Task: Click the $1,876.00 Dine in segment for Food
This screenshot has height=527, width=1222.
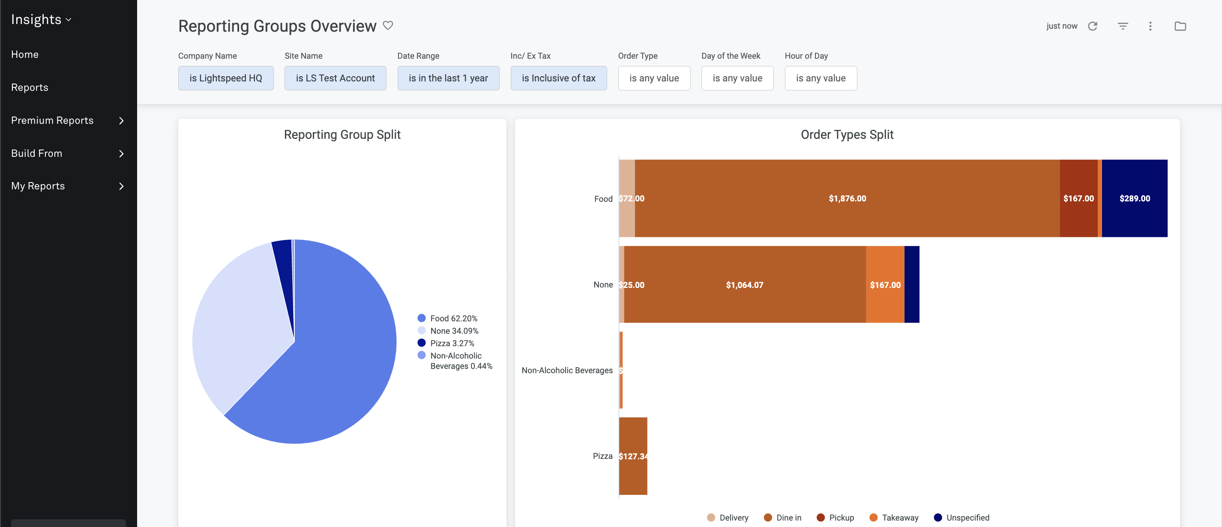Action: tap(847, 198)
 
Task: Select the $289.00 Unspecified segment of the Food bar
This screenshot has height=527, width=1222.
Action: tap(1134, 198)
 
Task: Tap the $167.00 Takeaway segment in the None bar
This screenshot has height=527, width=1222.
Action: tap(885, 284)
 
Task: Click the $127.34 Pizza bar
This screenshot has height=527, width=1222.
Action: tap(633, 456)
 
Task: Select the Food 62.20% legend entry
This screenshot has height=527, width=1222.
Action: tap(453, 318)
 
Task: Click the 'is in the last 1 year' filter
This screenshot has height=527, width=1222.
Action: tap(448, 78)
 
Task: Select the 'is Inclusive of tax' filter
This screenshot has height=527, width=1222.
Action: tap(558, 78)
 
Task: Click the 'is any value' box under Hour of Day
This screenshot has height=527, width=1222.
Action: tap(820, 78)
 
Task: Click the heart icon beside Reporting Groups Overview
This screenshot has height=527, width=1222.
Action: tap(388, 26)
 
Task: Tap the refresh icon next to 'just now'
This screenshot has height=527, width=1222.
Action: tap(1093, 26)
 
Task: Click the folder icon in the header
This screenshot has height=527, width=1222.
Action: tap(1180, 26)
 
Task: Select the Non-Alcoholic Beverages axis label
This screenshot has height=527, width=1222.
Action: tap(567, 370)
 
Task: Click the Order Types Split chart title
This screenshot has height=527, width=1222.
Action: tap(847, 135)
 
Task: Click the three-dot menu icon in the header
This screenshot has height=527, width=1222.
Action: tap(1150, 26)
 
